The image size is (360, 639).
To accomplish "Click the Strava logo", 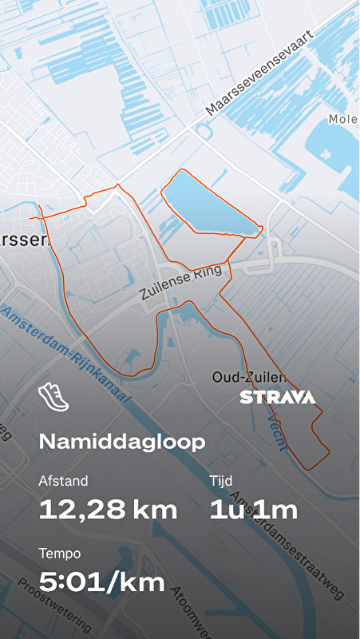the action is click(x=278, y=397).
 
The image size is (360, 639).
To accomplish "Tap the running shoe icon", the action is click(x=53, y=397).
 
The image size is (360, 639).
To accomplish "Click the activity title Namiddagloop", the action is click(x=122, y=442).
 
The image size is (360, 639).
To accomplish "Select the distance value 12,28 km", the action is click(x=109, y=510).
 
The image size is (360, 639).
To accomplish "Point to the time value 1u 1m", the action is click(x=254, y=510).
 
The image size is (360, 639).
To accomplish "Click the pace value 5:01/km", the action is click(x=102, y=582).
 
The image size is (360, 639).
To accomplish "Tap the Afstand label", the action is click(x=63, y=481).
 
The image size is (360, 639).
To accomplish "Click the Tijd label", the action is click(x=221, y=481).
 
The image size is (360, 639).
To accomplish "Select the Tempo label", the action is click(x=60, y=553).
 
